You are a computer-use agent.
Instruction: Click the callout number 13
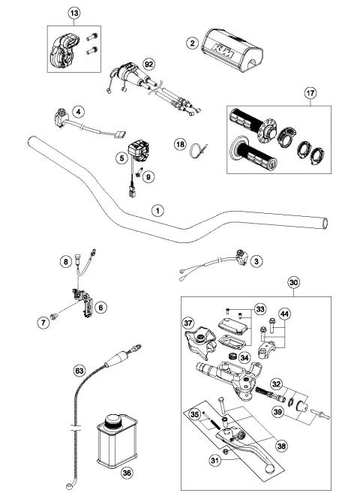coord(73,14)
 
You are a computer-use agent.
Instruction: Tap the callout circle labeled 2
coord(193,44)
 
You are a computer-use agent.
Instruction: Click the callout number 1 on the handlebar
coord(157,210)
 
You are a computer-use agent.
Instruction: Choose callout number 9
coord(148,177)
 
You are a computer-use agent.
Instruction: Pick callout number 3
coord(256,261)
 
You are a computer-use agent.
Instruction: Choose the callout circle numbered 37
coord(189,323)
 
